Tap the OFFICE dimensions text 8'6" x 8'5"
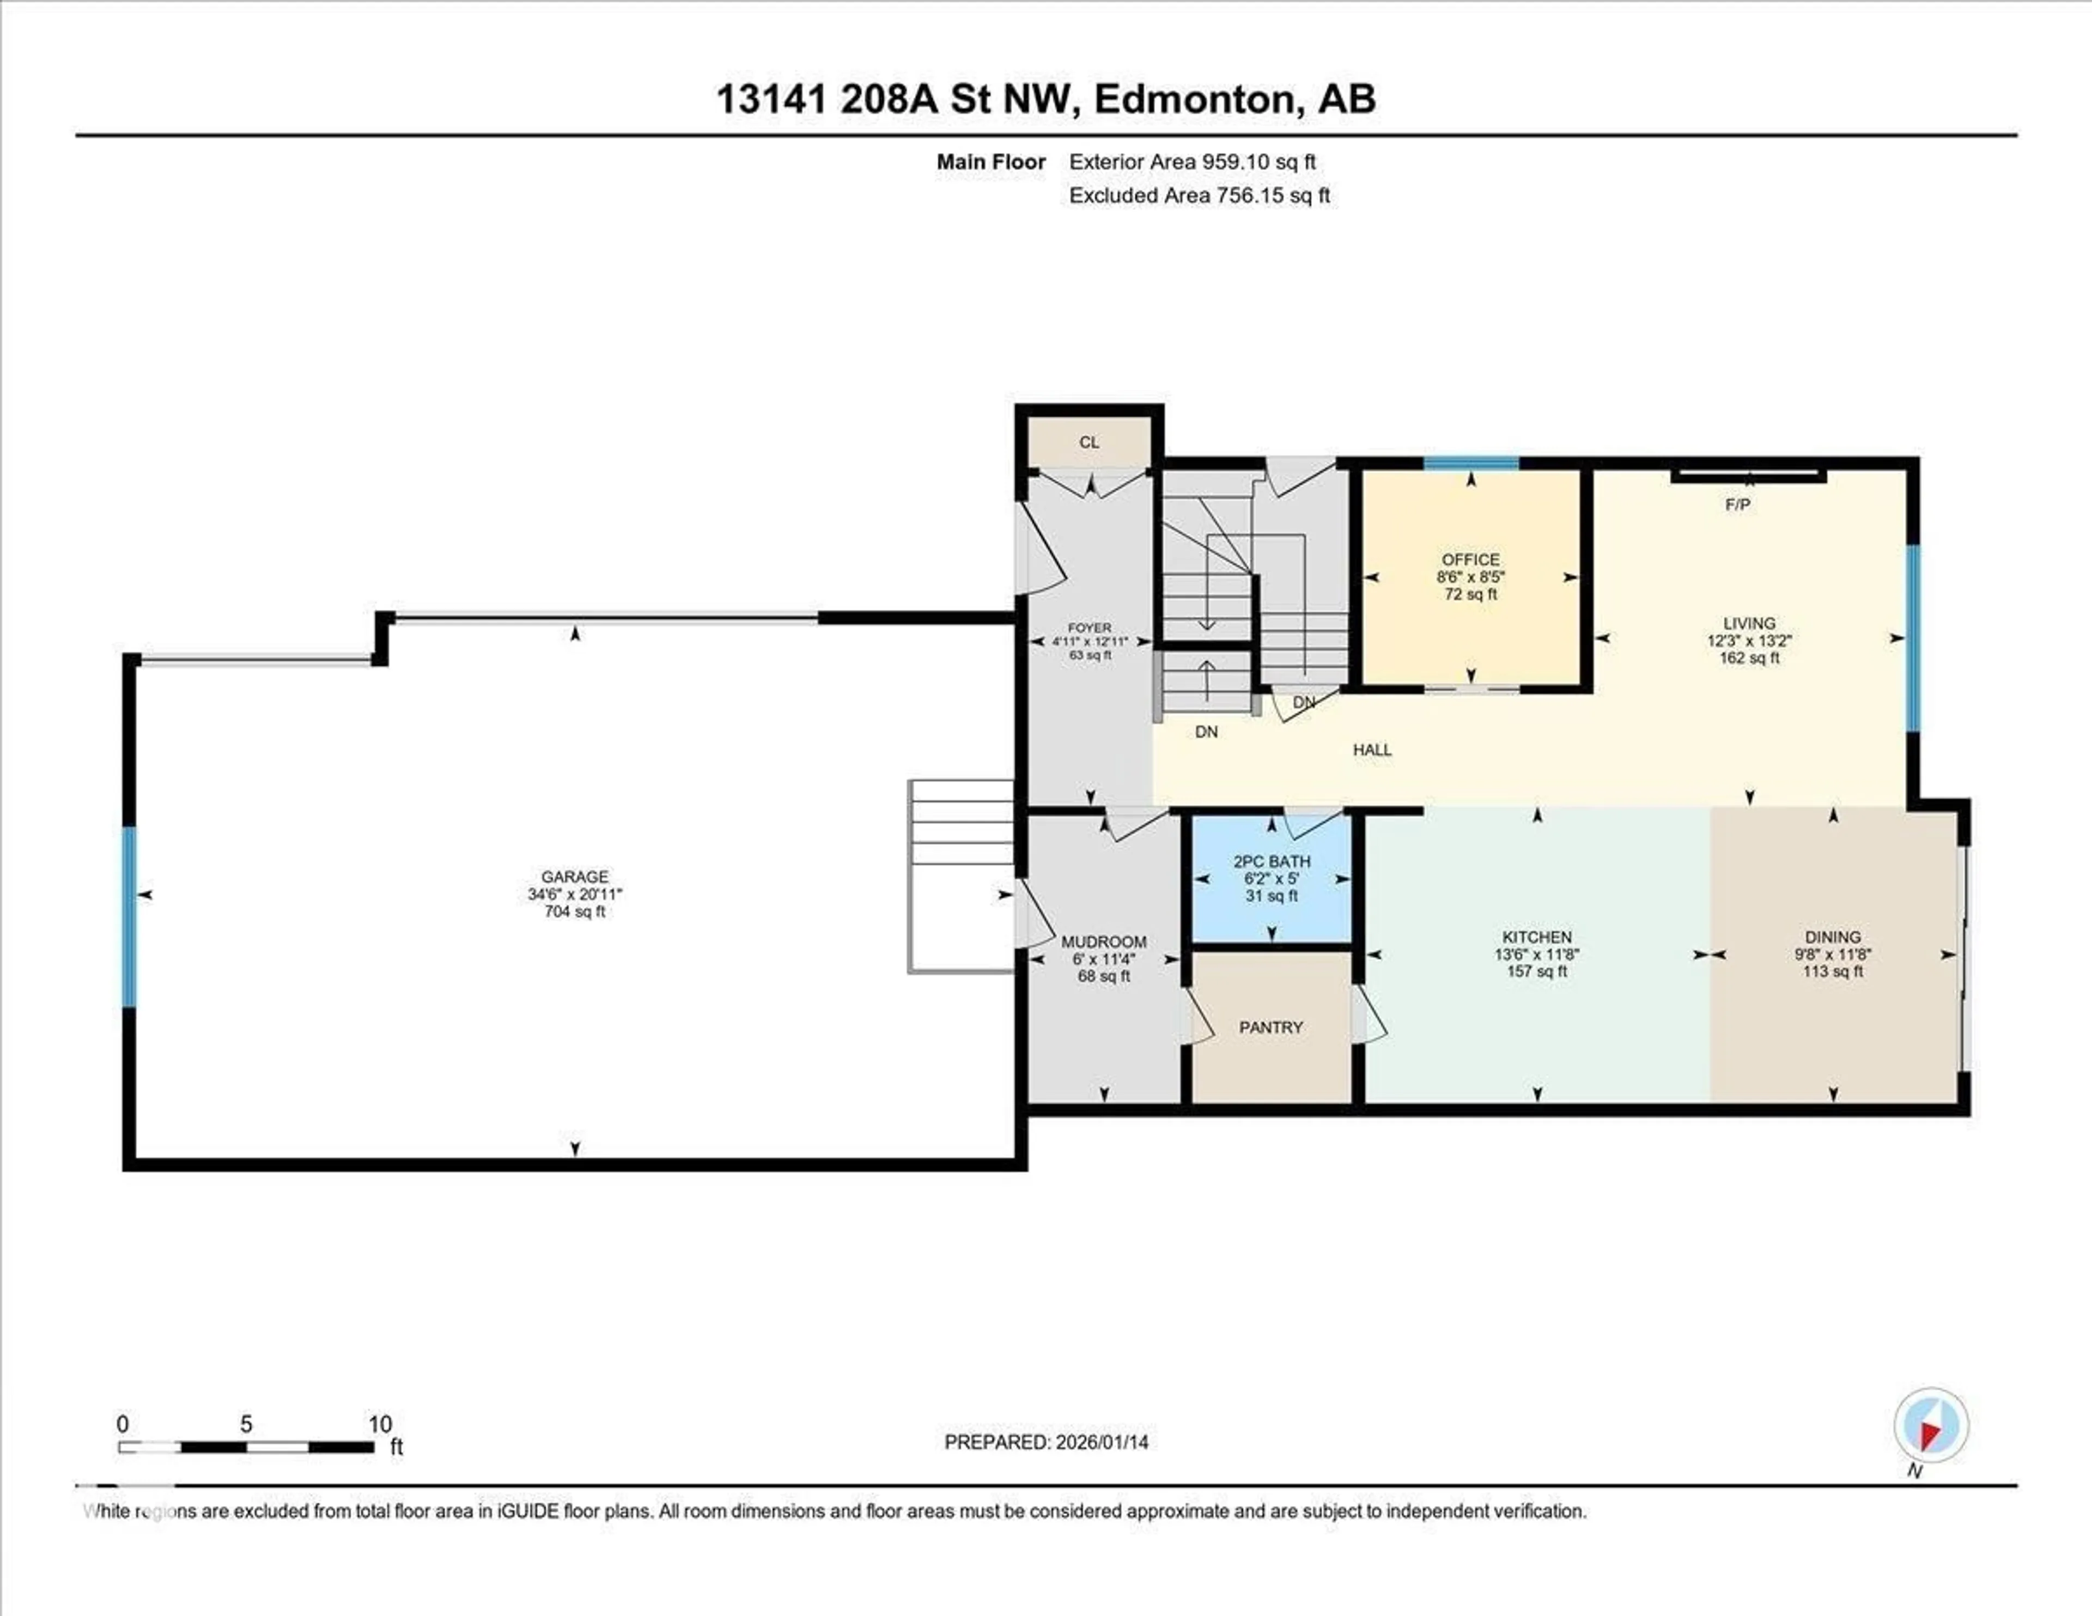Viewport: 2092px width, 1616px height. [x=1470, y=576]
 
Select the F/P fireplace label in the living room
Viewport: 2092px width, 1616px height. [x=1737, y=505]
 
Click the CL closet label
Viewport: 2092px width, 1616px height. [x=1089, y=442]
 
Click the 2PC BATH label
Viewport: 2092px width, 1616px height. [x=1271, y=861]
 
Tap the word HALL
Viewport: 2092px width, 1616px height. [x=1372, y=750]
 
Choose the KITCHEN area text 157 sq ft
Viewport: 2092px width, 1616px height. [x=1536, y=971]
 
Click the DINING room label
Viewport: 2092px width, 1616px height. [x=1833, y=937]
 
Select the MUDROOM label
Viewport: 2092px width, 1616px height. [x=1103, y=941]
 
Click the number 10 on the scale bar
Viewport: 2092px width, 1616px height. [x=380, y=1424]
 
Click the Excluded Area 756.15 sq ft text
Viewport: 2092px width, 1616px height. [x=1199, y=196]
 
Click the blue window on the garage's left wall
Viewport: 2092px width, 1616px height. [x=129, y=917]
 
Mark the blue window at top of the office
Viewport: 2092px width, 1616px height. [x=1470, y=464]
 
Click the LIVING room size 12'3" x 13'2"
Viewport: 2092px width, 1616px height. [x=1749, y=641]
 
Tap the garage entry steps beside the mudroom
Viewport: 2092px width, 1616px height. [x=961, y=876]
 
